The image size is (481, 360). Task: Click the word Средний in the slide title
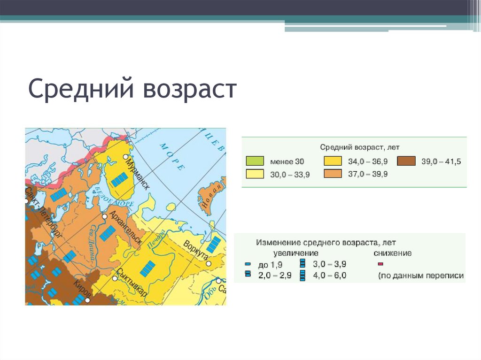click(82, 89)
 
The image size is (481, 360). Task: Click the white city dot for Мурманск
click(125, 157)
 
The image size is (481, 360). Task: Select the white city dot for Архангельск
click(105, 217)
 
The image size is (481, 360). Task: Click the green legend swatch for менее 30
click(255, 161)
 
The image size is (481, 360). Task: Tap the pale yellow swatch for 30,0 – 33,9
click(255, 174)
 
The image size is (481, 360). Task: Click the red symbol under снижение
click(380, 264)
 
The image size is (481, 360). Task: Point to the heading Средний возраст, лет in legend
click(360, 147)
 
